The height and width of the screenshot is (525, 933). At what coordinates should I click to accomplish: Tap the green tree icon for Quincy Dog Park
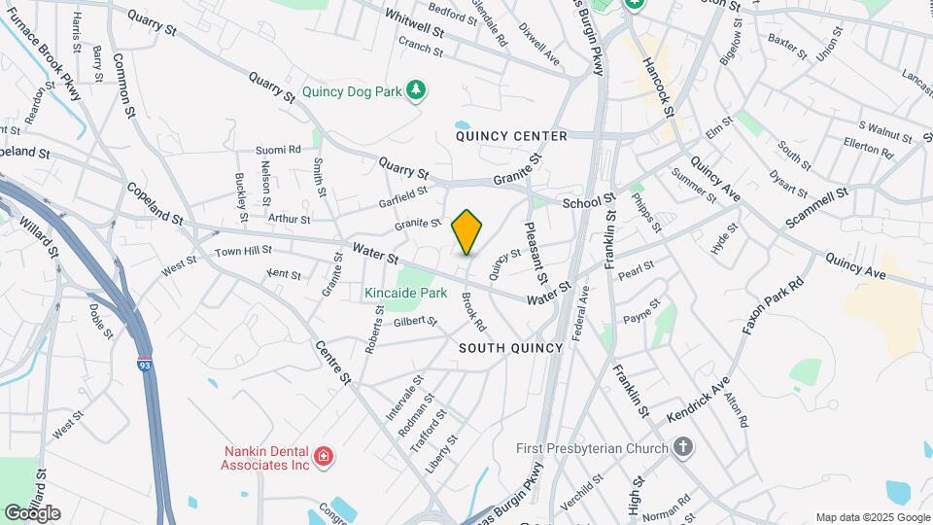pos(417,90)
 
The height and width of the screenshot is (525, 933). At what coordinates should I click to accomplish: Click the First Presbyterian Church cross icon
pos(683,448)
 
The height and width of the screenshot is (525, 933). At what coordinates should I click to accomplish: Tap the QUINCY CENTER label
pos(511,136)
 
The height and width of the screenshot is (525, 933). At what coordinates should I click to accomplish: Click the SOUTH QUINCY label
pos(510,348)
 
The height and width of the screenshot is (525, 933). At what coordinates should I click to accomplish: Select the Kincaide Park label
pos(405,293)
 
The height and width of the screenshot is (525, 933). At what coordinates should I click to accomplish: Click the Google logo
pos(32,513)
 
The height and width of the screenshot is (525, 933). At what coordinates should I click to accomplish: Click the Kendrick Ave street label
pos(697,400)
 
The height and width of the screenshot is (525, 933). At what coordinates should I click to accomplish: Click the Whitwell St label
pos(414,24)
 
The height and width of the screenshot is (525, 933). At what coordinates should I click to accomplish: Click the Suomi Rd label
pos(278,150)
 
